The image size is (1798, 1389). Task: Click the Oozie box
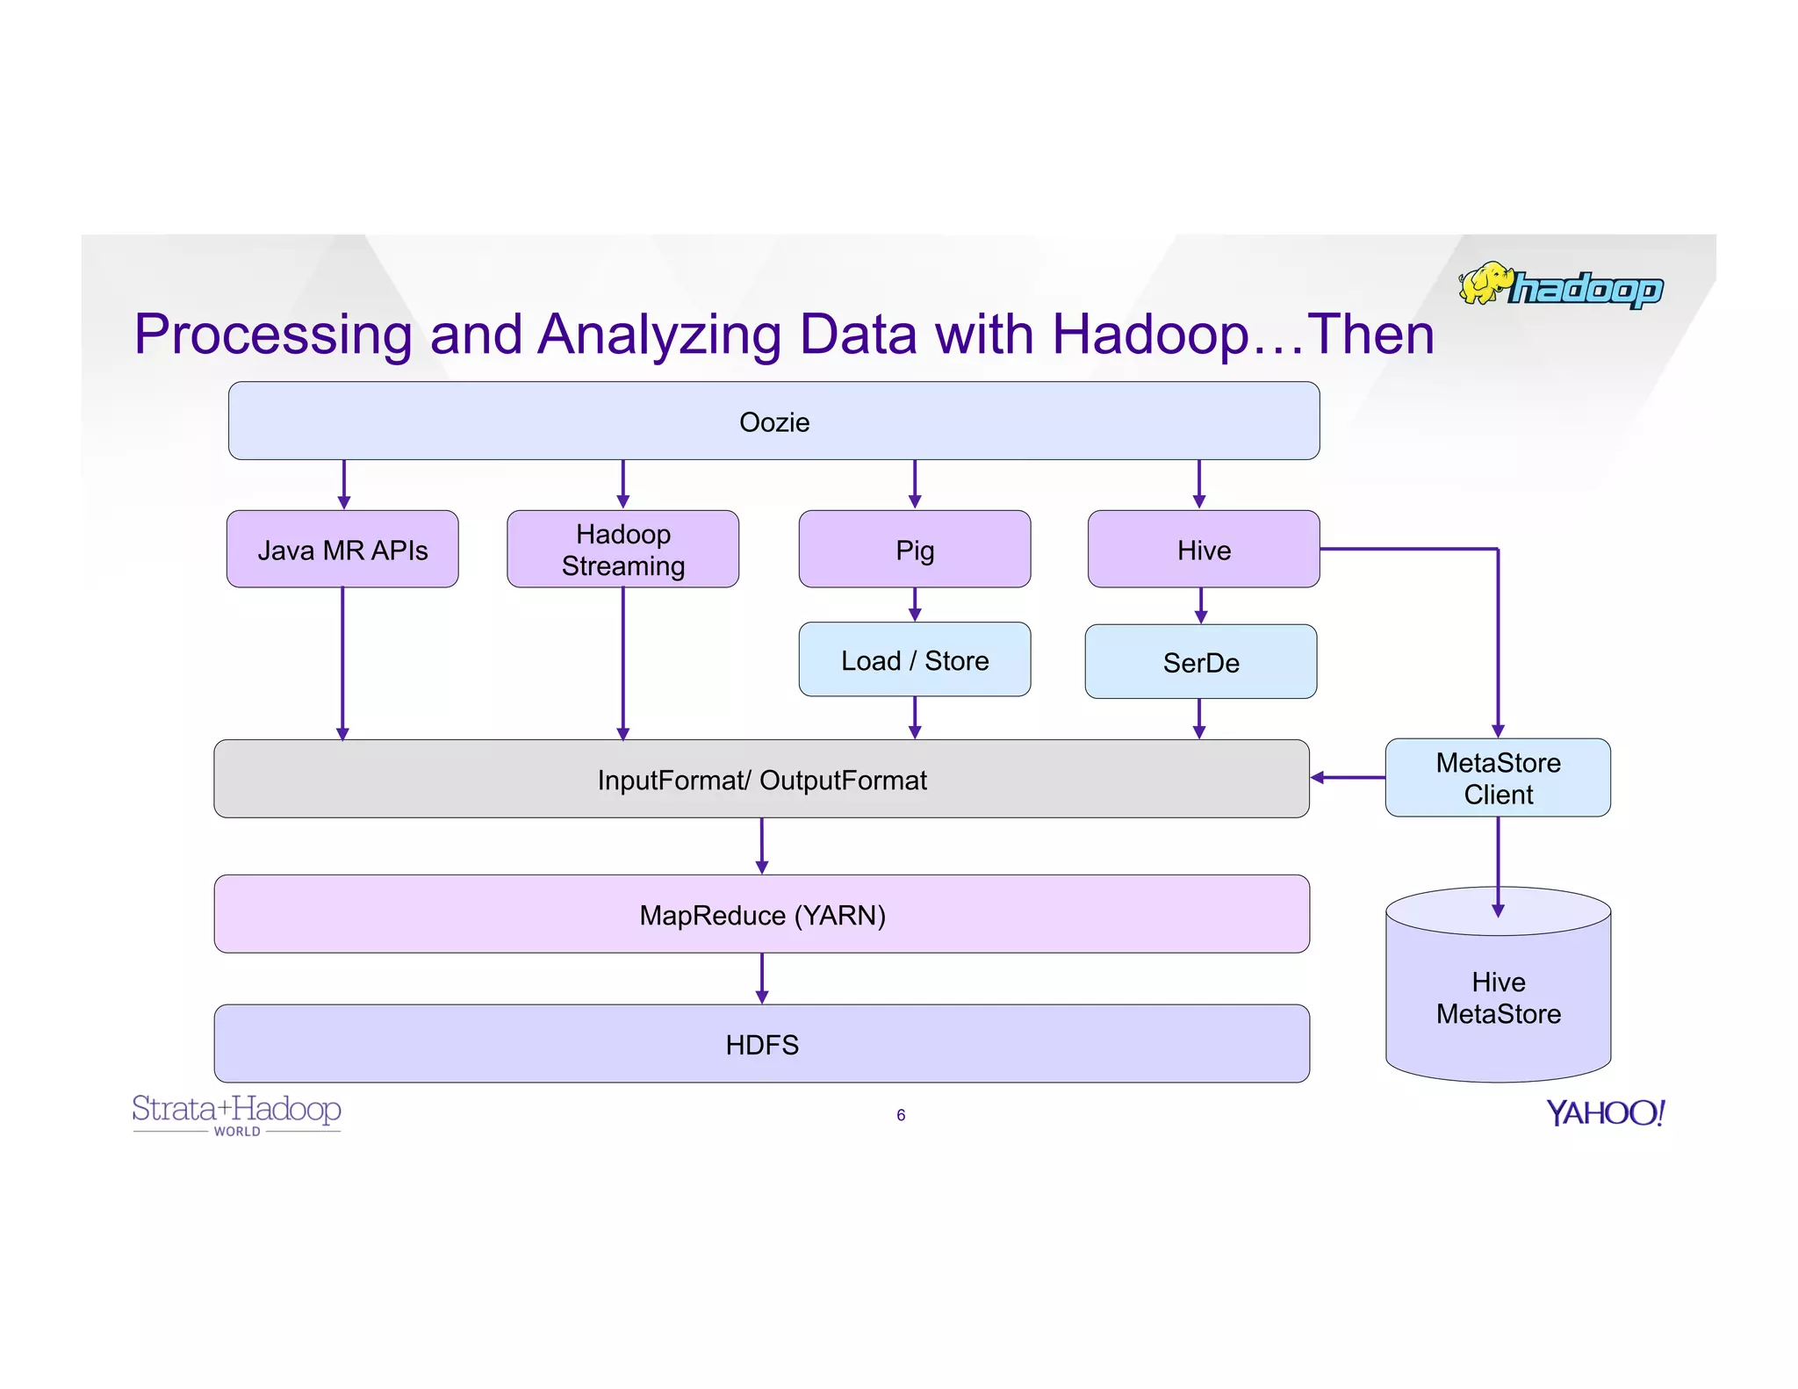coord(773,421)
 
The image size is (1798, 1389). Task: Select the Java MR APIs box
coord(342,550)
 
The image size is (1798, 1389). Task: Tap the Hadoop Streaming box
coord(622,550)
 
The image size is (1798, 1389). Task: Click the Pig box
coord(914,550)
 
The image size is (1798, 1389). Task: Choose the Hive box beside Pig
coord(1203,550)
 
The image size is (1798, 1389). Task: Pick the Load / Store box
coord(914,660)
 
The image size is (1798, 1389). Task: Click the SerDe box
coord(1200,662)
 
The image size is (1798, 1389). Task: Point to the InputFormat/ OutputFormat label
coord(761,780)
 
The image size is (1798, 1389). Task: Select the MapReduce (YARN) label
coord(761,915)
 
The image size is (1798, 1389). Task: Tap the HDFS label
coord(761,1045)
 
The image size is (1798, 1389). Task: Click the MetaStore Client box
coord(1498,778)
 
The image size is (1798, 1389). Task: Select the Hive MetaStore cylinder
coord(1498,997)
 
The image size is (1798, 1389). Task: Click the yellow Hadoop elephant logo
coord(1485,284)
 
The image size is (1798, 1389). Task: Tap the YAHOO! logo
coord(1604,1113)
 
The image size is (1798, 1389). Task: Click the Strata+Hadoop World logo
coord(236,1113)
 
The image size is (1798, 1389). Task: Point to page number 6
coord(901,1115)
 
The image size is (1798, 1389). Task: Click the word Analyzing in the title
coord(658,335)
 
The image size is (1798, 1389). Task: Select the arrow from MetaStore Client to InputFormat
coord(1348,777)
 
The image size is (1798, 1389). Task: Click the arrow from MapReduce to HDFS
coord(761,978)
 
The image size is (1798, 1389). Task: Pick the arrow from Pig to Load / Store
coord(914,604)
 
